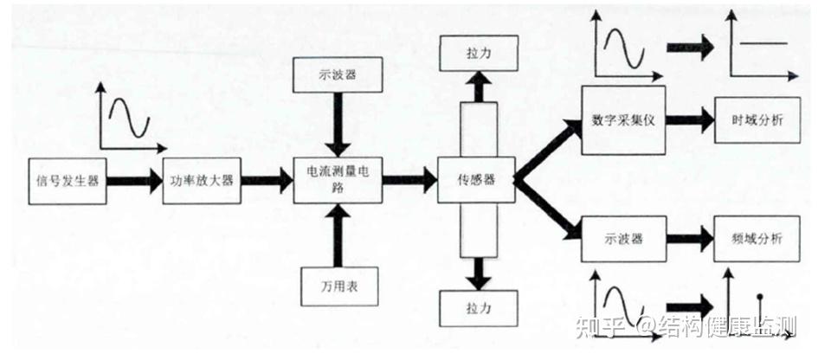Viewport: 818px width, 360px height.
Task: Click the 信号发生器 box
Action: click(x=68, y=181)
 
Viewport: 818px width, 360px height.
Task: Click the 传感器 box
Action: click(x=476, y=180)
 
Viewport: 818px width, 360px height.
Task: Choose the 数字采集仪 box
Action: click(x=622, y=119)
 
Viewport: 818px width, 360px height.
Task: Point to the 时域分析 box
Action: click(x=750, y=119)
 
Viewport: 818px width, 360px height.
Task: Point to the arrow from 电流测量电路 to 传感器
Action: click(x=409, y=180)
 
